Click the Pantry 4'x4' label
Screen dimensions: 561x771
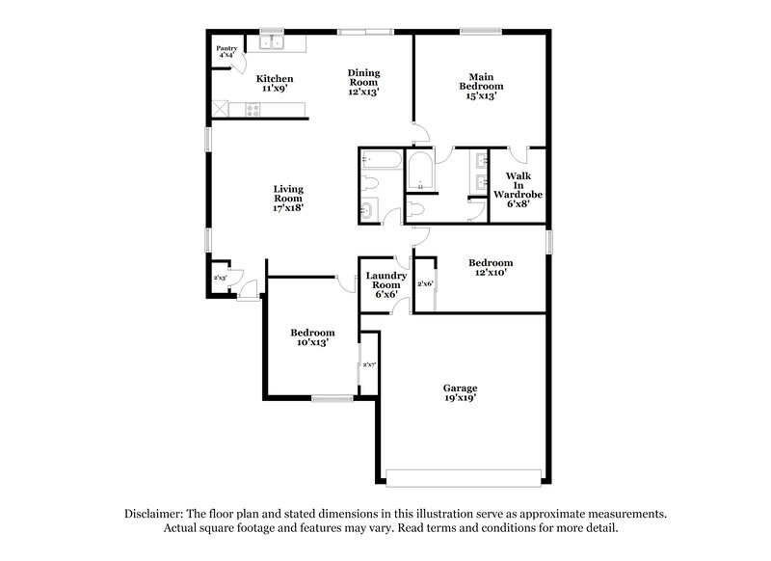click(x=227, y=52)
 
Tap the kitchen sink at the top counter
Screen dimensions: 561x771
click(x=273, y=41)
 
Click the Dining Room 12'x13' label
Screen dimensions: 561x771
click(x=363, y=83)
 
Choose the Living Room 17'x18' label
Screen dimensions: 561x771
click(x=287, y=199)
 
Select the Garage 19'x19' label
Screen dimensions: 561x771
click(x=460, y=393)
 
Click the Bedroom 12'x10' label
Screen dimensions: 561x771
click(x=491, y=267)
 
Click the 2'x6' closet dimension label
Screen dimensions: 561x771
click(x=425, y=284)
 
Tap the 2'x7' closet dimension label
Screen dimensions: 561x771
click(x=368, y=364)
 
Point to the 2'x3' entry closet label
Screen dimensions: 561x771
click(x=220, y=278)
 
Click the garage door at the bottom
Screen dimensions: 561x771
click(x=463, y=478)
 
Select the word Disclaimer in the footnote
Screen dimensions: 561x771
click(x=154, y=514)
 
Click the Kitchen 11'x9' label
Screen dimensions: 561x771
click(x=275, y=84)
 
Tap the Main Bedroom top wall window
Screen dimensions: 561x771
click(x=479, y=34)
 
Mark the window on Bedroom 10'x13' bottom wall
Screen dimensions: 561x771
click(x=332, y=397)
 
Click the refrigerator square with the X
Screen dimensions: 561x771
click(x=223, y=110)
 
